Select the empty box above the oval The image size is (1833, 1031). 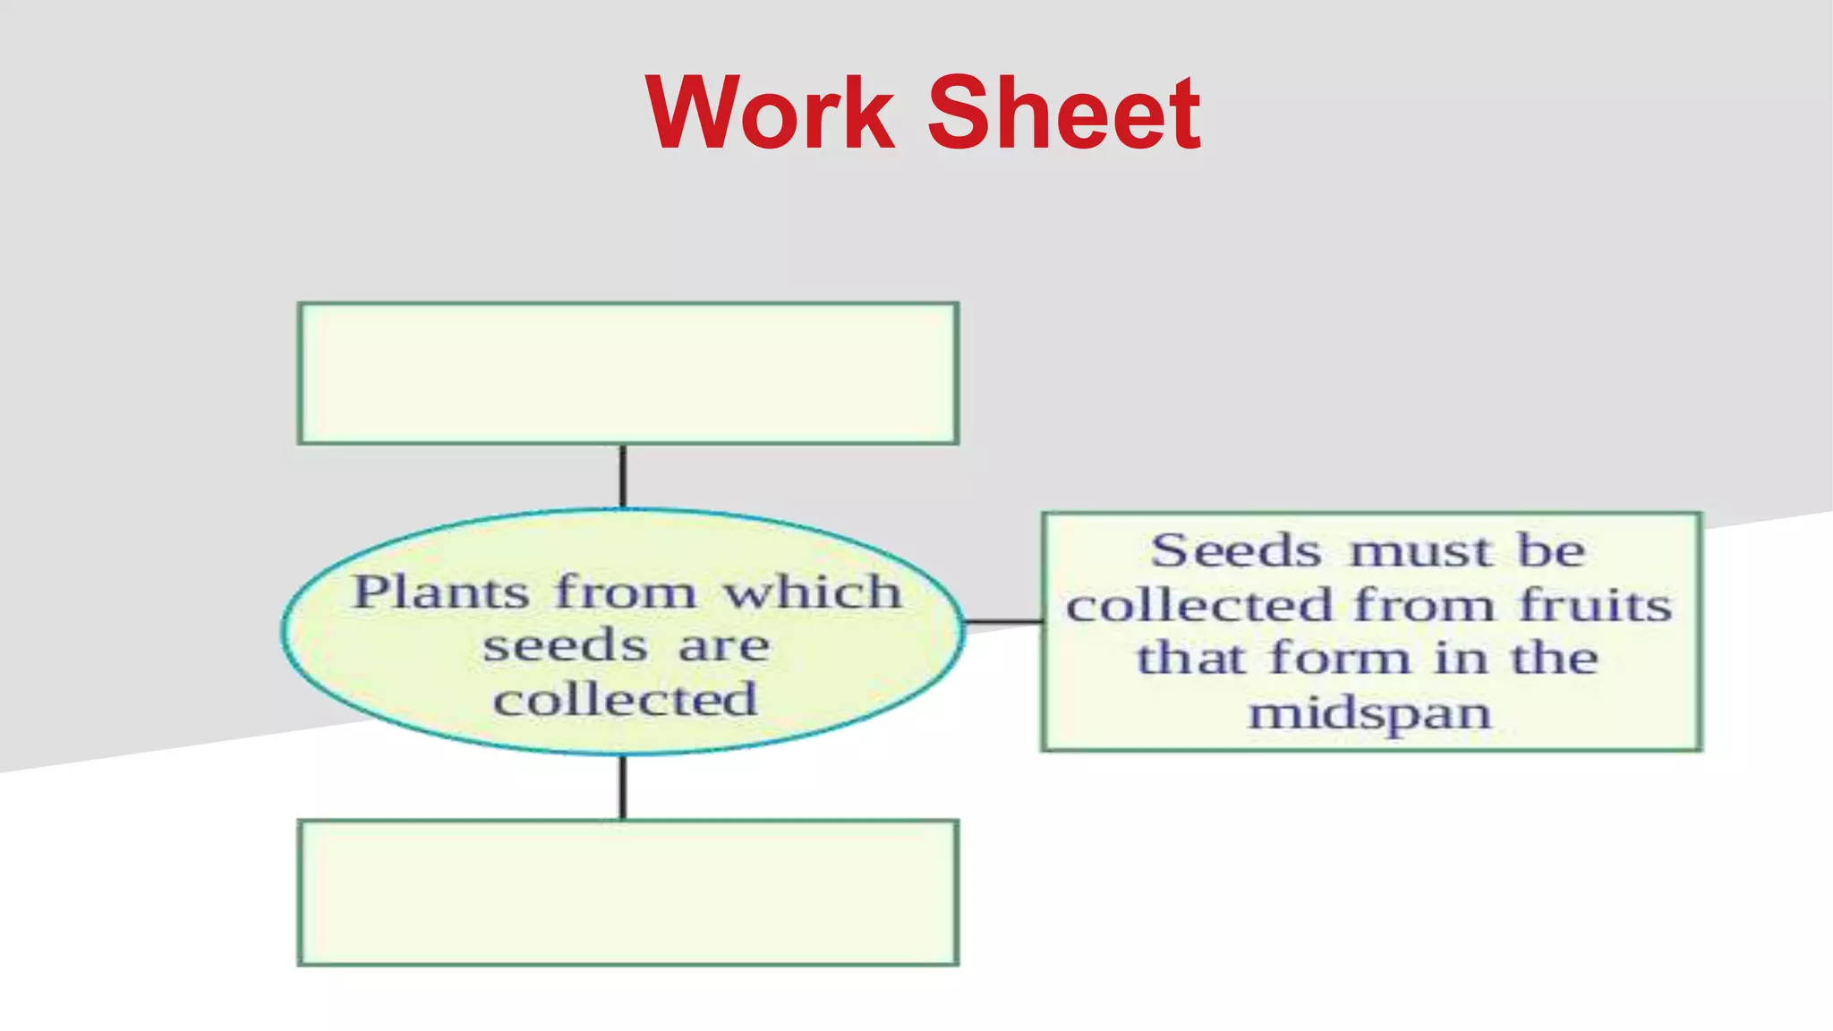click(x=628, y=373)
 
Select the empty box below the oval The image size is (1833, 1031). click(x=628, y=892)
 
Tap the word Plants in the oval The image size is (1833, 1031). click(x=441, y=593)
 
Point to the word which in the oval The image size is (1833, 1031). click(x=812, y=592)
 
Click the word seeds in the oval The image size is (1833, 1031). click(x=565, y=646)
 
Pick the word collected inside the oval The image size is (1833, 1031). click(x=626, y=699)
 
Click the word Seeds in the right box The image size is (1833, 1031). click(x=1235, y=550)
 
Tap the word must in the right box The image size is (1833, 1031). click(x=1421, y=551)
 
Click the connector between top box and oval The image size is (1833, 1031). click(x=623, y=476)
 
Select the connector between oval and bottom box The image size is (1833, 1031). click(x=623, y=787)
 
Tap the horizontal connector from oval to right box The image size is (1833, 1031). click(x=1003, y=620)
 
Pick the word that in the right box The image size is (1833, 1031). click(x=1190, y=659)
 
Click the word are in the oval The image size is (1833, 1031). click(x=723, y=646)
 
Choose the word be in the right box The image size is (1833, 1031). click(x=1550, y=550)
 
